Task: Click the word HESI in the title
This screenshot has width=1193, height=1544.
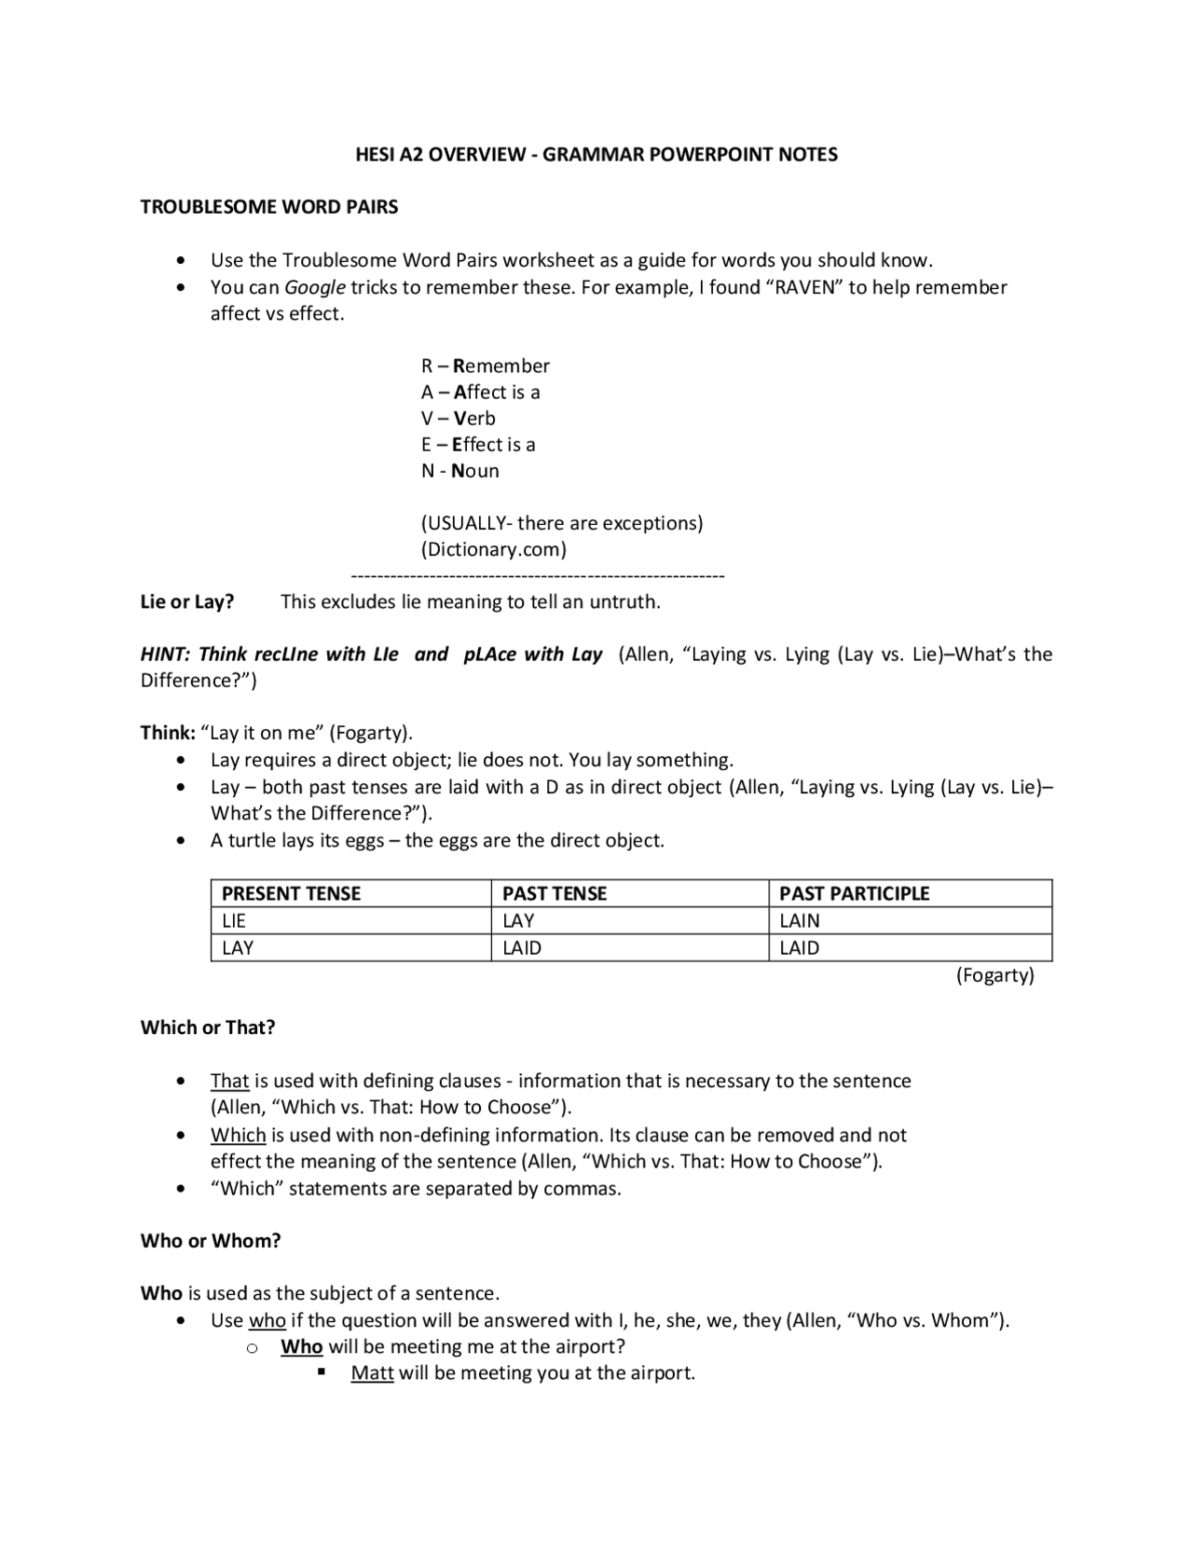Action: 376,155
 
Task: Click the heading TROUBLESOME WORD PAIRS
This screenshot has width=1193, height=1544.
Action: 269,207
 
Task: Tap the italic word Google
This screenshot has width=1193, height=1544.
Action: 315,287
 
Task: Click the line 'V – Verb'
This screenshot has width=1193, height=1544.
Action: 459,419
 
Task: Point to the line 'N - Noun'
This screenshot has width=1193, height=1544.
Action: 460,471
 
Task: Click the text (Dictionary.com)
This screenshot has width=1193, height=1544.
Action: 494,549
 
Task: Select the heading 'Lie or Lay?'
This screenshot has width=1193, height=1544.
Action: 187,602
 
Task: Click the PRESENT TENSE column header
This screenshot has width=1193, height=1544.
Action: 291,893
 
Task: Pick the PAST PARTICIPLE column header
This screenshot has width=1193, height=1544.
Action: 855,893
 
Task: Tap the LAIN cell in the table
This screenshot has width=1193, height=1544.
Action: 800,921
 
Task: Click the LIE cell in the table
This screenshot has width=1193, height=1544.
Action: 234,921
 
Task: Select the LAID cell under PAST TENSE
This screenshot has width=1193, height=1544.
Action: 522,948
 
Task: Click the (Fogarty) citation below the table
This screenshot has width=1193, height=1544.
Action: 995,975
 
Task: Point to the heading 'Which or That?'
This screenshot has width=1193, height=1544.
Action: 208,1027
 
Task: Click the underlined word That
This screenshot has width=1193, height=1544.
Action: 229,1082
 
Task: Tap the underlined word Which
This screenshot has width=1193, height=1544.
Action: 239,1136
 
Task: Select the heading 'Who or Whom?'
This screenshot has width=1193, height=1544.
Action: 211,1241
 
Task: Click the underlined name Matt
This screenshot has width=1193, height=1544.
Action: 372,1373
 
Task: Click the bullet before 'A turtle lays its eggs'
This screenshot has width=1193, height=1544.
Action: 181,841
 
